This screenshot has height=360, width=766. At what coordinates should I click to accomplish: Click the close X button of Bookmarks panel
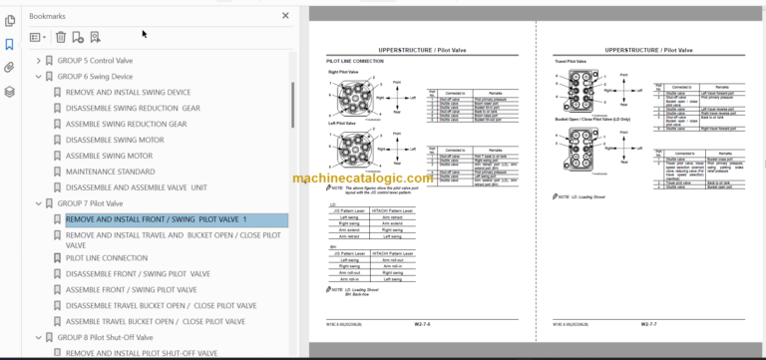(286, 17)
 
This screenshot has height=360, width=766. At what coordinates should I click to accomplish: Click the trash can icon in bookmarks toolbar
(60, 38)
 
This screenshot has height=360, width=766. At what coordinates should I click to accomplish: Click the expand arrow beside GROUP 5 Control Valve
(39, 60)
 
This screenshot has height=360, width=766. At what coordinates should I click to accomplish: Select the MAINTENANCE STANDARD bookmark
(110, 172)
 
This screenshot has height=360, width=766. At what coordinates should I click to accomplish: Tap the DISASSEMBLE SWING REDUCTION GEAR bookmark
(133, 108)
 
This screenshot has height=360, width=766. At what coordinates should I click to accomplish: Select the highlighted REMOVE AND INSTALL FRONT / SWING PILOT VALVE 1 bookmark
(156, 219)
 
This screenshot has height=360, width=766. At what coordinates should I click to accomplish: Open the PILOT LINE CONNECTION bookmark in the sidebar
(107, 257)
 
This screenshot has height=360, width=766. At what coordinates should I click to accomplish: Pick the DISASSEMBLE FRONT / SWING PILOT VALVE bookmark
(138, 273)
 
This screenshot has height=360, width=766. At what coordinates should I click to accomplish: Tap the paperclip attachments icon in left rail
(9, 67)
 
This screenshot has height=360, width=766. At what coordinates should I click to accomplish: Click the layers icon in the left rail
(9, 91)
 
